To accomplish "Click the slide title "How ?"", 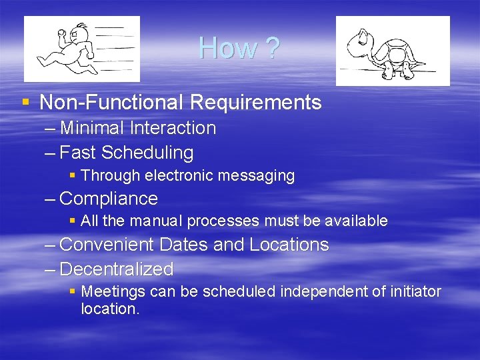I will (239, 48).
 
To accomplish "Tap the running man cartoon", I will (82, 49).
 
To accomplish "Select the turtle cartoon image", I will (392, 51).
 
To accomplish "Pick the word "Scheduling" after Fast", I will (147, 153).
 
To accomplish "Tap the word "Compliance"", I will (109, 199).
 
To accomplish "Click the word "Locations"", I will (289, 245).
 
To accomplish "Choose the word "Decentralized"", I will (117, 269).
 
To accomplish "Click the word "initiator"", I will (413, 292).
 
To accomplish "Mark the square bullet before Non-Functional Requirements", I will (25, 103).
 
